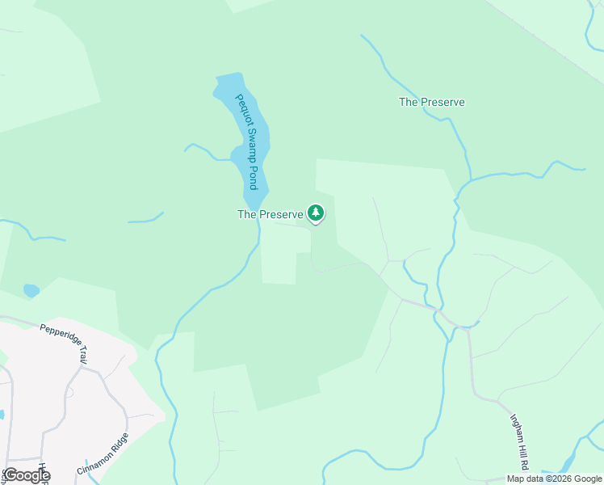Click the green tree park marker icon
tap(316, 213)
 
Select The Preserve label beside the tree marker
tap(270, 214)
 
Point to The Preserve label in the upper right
tap(431, 103)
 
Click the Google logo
tap(27, 475)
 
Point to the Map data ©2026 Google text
tap(554, 479)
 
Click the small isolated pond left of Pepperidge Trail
tap(31, 289)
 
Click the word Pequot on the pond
tap(241, 109)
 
